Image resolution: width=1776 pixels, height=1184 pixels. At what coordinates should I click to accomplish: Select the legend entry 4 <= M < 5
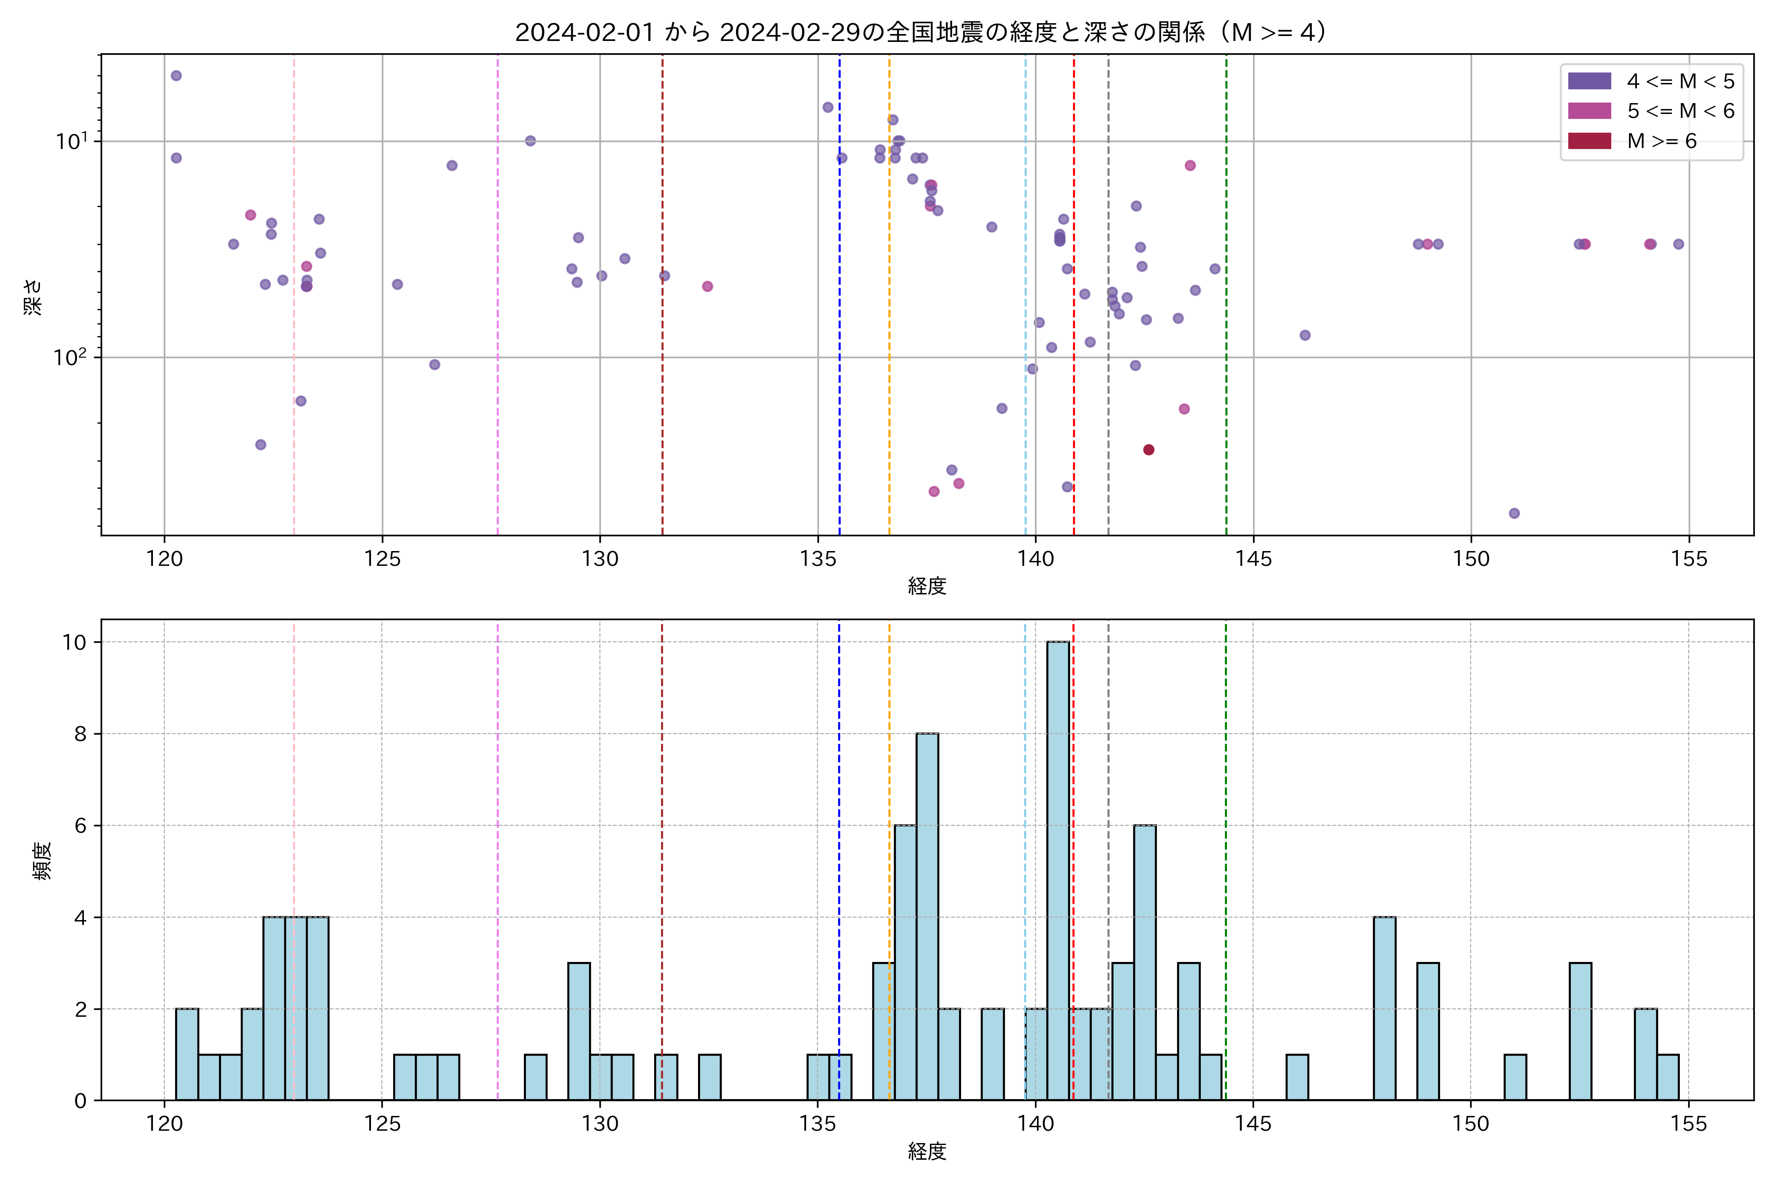pyautogui.click(x=1680, y=81)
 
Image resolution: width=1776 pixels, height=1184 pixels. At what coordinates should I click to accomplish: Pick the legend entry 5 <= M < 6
pyautogui.click(x=1680, y=111)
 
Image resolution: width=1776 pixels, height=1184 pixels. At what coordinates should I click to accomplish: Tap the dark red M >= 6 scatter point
pyautogui.click(x=1148, y=450)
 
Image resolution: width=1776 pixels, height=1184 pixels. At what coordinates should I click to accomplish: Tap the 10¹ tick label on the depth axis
pyautogui.click(x=71, y=141)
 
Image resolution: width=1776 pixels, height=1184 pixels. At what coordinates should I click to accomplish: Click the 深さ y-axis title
pyautogui.click(x=33, y=296)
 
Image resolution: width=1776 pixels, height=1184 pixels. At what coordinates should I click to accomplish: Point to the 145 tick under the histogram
pyautogui.click(x=1254, y=1124)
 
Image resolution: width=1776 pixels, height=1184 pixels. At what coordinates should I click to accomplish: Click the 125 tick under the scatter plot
pyautogui.click(x=382, y=559)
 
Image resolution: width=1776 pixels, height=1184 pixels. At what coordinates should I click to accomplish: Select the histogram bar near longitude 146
pyautogui.click(x=1297, y=1077)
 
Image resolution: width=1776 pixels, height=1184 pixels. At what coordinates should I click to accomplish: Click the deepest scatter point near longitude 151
pyautogui.click(x=1514, y=514)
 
